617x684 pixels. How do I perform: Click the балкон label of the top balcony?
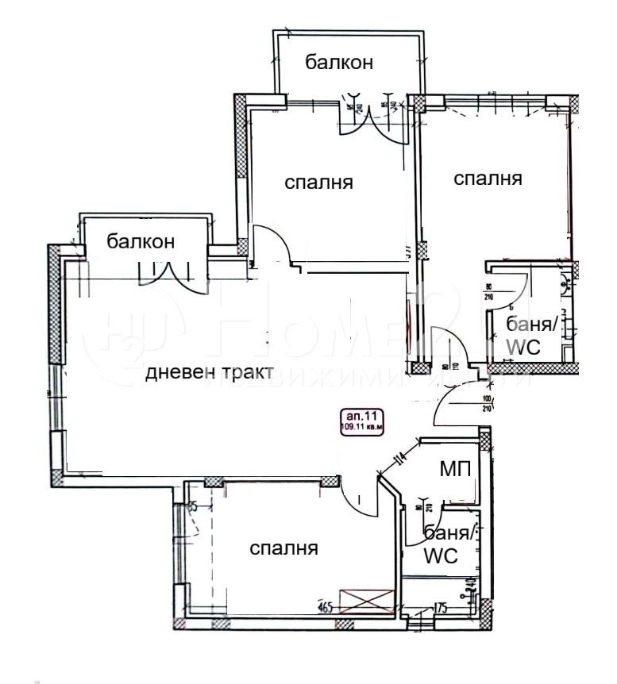pyautogui.click(x=341, y=63)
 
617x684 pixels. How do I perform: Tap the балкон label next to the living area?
pyautogui.click(x=141, y=241)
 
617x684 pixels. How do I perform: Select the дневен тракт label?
pyautogui.click(x=210, y=372)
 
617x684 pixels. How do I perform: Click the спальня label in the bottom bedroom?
pyautogui.click(x=284, y=548)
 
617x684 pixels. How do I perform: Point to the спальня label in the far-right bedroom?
pyautogui.click(x=488, y=179)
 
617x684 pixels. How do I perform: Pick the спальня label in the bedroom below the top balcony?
pyautogui.click(x=318, y=183)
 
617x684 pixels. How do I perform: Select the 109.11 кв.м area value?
pyautogui.click(x=361, y=428)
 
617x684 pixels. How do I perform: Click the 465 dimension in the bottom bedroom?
pyautogui.click(x=324, y=609)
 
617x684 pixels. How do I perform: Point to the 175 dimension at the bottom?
pyautogui.click(x=442, y=609)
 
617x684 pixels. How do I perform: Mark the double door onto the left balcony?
pyautogui.click(x=168, y=274)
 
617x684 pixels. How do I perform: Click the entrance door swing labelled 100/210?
pyautogui.click(x=453, y=409)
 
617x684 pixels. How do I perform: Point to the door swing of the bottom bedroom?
pyautogui.click(x=353, y=494)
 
